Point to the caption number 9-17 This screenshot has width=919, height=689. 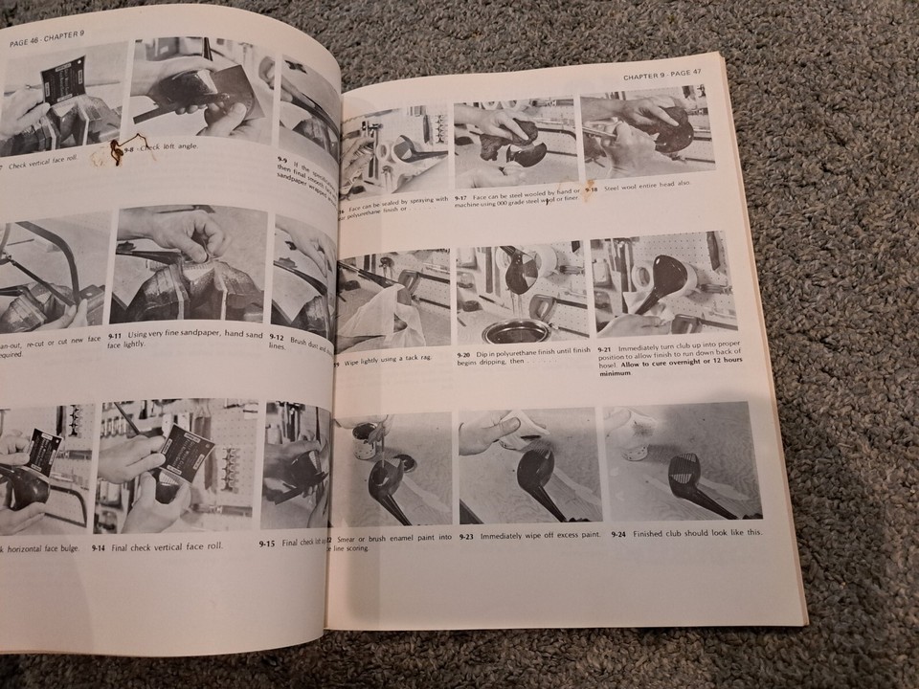tap(463, 196)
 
